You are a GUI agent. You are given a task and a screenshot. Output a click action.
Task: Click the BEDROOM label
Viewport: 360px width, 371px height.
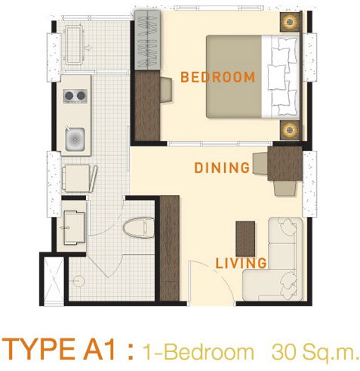click(x=217, y=77)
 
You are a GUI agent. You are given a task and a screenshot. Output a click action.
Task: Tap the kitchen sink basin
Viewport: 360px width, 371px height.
click(x=76, y=139)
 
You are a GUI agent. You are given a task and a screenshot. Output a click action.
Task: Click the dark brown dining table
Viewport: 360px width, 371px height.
click(x=285, y=162)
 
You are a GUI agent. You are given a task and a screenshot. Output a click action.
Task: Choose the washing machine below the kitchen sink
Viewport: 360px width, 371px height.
click(x=78, y=179)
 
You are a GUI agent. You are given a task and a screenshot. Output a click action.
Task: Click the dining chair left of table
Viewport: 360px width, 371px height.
click(x=260, y=161)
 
